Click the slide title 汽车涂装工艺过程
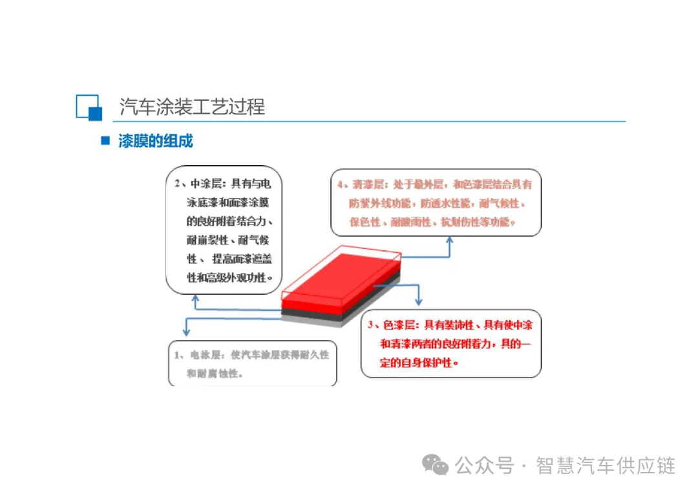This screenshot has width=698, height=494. tap(192, 107)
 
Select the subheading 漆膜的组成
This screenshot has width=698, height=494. tap(155, 141)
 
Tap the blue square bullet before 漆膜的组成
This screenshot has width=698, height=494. tap(105, 140)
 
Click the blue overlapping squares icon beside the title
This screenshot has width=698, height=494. tap(89, 107)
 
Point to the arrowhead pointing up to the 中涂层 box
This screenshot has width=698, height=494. tap(195, 298)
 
